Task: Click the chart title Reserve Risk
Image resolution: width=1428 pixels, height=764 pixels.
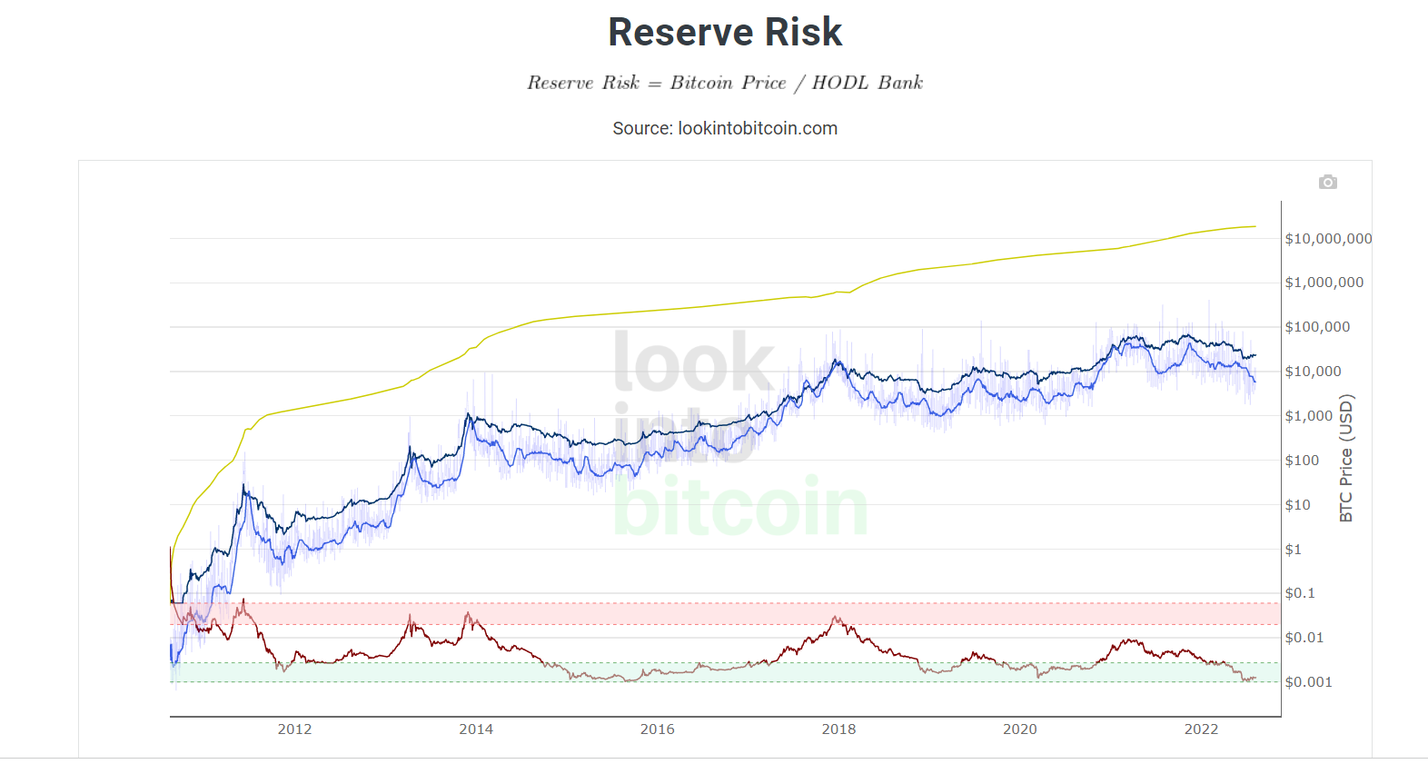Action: pyautogui.click(x=725, y=33)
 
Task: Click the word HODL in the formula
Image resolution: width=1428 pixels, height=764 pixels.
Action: pyautogui.click(x=839, y=83)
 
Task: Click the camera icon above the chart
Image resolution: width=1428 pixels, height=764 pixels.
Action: pyautogui.click(x=1327, y=183)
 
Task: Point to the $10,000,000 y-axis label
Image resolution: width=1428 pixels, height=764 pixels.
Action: pyautogui.click(x=1328, y=239)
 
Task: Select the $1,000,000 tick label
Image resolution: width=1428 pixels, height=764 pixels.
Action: pyautogui.click(x=1324, y=283)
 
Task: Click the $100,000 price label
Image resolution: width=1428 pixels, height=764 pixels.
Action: pyautogui.click(x=1317, y=327)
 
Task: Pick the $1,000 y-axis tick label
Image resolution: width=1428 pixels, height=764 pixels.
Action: pyautogui.click(x=1308, y=416)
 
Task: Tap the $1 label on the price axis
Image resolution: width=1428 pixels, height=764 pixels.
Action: pyautogui.click(x=1293, y=550)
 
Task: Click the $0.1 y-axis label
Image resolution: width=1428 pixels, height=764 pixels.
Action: pyautogui.click(x=1299, y=593)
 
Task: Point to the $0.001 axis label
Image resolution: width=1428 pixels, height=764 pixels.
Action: pyautogui.click(x=1308, y=682)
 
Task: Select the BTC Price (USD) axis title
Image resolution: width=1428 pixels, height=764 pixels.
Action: pyautogui.click(x=1346, y=458)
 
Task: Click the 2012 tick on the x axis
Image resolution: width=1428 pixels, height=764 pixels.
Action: pyautogui.click(x=294, y=729)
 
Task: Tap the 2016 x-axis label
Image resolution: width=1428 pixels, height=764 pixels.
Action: pyautogui.click(x=657, y=729)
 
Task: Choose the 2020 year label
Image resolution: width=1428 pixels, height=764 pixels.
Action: pyautogui.click(x=1019, y=729)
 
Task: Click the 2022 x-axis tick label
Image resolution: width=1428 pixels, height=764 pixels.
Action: pyautogui.click(x=1201, y=729)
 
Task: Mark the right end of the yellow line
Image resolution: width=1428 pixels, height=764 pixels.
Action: pyautogui.click(x=1255, y=226)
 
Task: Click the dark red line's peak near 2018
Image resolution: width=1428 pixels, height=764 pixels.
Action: pyautogui.click(x=837, y=618)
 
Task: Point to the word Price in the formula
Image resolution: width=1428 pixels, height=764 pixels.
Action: pyautogui.click(x=764, y=83)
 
